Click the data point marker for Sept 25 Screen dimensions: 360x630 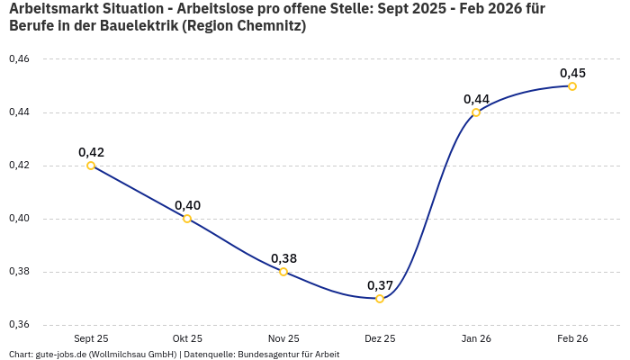click(91, 166)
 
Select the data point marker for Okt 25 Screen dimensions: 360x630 click(187, 219)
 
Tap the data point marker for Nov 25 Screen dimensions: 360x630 click(283, 272)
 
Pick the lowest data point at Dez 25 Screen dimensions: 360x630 click(380, 299)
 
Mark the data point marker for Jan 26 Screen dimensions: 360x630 click(476, 112)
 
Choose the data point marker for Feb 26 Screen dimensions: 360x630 click(572, 86)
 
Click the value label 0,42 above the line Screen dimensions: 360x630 click(91, 152)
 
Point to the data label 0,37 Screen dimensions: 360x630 click(380, 285)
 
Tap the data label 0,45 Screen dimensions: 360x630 click(572, 73)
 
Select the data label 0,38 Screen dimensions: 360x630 click(283, 258)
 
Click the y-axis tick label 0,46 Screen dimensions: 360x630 click(19, 59)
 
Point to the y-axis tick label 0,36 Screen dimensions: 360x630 click(19, 325)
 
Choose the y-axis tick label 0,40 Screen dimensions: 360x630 click(19, 219)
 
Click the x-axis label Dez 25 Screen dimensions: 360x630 click(380, 339)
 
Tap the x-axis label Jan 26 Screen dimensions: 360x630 click(476, 339)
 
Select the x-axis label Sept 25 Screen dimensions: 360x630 click(91, 339)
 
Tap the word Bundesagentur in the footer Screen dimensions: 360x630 click(266, 355)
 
